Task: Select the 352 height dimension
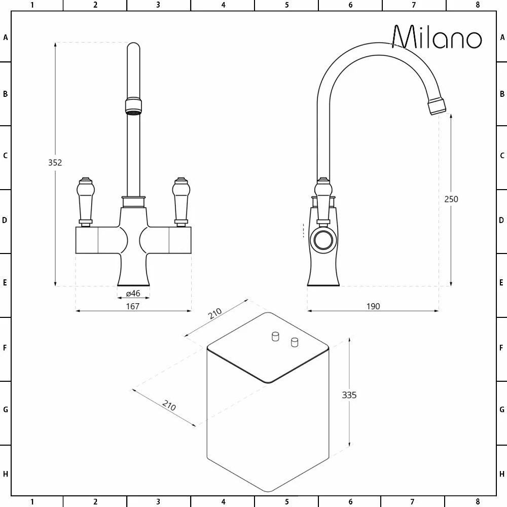coord(55,162)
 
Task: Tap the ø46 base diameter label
coord(133,293)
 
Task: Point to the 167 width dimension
coord(132,306)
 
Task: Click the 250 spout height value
coord(451,199)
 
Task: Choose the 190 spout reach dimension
coord(373,306)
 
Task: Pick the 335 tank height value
coord(349,395)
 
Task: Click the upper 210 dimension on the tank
coord(214,313)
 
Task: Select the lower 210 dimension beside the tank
coord(169,405)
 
